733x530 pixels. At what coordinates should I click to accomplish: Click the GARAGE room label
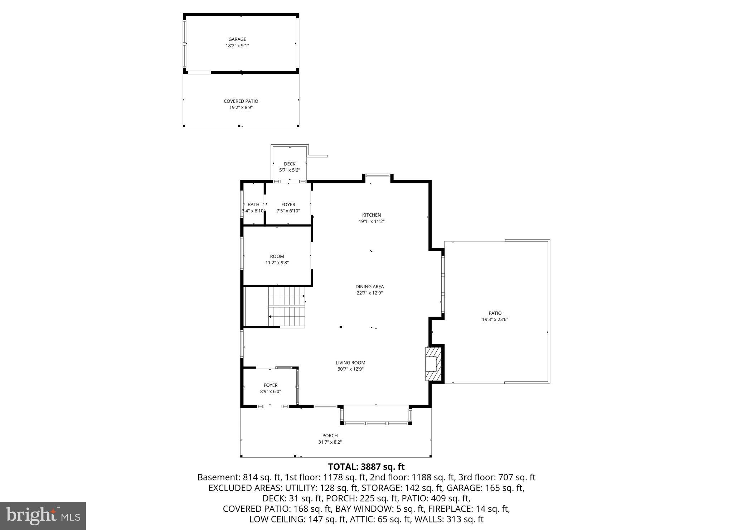(x=237, y=39)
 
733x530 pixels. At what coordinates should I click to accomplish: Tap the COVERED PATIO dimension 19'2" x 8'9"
(x=241, y=107)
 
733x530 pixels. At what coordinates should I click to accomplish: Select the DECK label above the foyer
(x=290, y=164)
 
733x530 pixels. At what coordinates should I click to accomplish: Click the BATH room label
(x=253, y=204)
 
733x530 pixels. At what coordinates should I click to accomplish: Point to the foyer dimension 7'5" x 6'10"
(x=288, y=211)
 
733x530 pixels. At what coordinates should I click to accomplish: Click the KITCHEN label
(x=372, y=215)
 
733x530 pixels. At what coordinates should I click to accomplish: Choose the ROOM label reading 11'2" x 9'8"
(x=277, y=256)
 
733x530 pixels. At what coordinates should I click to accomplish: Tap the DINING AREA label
(x=369, y=286)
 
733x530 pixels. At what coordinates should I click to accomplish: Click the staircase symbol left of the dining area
(x=287, y=307)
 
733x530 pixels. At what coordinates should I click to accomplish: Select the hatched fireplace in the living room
(x=434, y=364)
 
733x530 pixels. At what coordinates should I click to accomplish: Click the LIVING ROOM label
(x=350, y=363)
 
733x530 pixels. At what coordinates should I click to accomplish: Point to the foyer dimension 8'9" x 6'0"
(x=271, y=392)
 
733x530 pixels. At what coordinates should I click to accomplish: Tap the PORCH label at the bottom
(x=330, y=436)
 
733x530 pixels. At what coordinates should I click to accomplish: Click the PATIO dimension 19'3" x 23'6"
(x=495, y=319)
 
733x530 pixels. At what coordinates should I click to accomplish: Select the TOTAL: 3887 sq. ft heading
(x=366, y=467)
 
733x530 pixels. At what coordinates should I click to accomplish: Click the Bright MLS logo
(x=43, y=516)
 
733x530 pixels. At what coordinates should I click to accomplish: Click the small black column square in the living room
(x=341, y=327)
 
